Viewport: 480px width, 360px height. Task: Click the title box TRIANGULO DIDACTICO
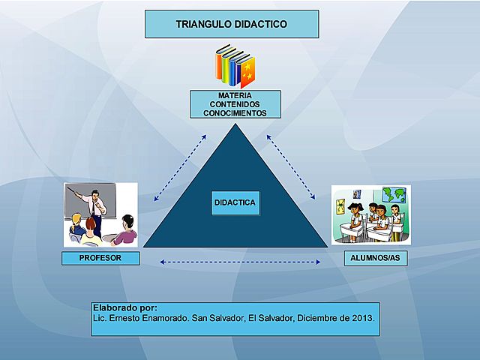(x=232, y=24)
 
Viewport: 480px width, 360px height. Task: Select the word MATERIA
(x=235, y=96)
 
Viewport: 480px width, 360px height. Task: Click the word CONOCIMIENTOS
(x=235, y=113)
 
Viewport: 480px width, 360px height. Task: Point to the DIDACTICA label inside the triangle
(x=235, y=202)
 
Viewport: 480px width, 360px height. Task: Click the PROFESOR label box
(x=101, y=258)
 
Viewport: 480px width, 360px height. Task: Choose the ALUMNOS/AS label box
(x=369, y=258)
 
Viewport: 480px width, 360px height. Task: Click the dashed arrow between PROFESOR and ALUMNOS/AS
(x=241, y=262)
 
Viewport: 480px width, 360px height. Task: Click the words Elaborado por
(x=124, y=307)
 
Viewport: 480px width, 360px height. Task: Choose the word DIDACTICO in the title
(x=259, y=24)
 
